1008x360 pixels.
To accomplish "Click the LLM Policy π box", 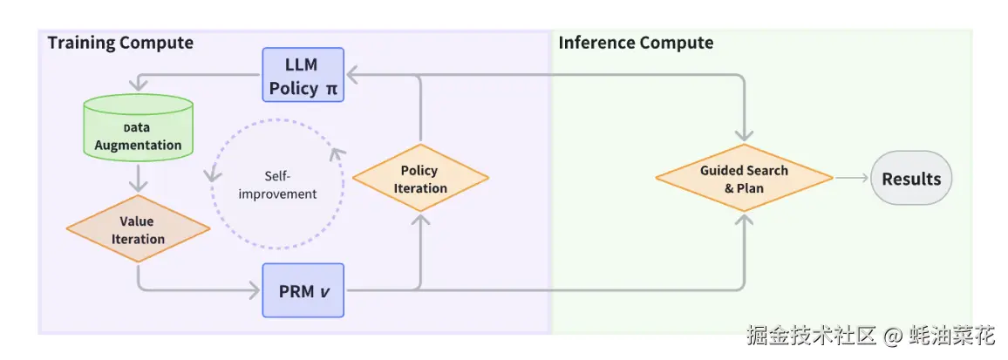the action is pyautogui.click(x=303, y=75).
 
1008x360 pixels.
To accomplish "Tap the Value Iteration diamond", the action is pyautogui.click(x=139, y=229).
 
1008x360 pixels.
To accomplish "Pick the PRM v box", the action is pyautogui.click(x=303, y=290).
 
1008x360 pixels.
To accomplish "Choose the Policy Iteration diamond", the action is pyautogui.click(x=419, y=178).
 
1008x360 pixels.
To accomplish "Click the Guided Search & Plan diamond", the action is pyautogui.click(x=745, y=178).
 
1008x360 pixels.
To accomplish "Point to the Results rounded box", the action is pyautogui.click(x=911, y=178).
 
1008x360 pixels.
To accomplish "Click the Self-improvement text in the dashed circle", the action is pyautogui.click(x=277, y=185).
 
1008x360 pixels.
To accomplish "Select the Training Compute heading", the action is pyautogui.click(x=120, y=43).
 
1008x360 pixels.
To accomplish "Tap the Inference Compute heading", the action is pyautogui.click(x=636, y=43).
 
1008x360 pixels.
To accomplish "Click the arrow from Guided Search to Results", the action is pyautogui.click(x=850, y=178).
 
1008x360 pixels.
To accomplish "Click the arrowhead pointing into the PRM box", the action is pyautogui.click(x=255, y=290).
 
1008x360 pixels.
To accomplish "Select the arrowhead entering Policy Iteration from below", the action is pyautogui.click(x=419, y=220).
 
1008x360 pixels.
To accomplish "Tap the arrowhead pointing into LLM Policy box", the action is pyautogui.click(x=352, y=75).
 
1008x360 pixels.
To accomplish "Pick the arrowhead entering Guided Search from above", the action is pyautogui.click(x=745, y=135).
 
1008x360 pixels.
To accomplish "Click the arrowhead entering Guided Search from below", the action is pyautogui.click(x=745, y=220).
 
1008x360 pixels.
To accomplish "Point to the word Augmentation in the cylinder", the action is pyautogui.click(x=139, y=145).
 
